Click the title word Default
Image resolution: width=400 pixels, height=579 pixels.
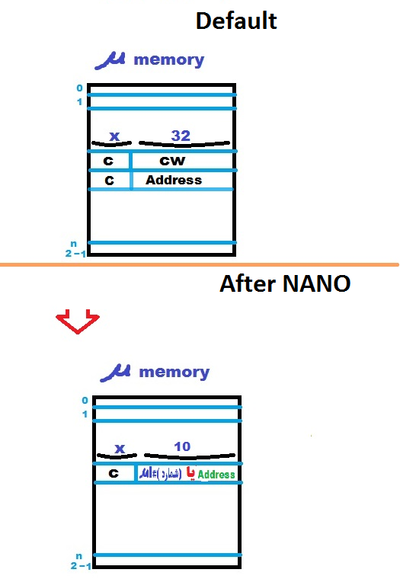(236, 21)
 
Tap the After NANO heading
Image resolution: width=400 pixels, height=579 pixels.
(285, 284)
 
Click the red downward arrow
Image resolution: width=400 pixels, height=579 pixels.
(78, 321)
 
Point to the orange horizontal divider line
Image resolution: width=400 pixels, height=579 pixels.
(200, 264)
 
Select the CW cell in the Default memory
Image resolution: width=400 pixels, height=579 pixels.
(172, 161)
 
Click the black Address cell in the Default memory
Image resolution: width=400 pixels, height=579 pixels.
(174, 180)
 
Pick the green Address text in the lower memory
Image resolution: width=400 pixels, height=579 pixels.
(216, 475)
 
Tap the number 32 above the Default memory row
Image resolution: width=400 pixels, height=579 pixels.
(181, 135)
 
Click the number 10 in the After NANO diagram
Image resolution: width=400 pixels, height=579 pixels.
(182, 446)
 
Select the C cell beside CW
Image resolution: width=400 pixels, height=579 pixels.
(109, 161)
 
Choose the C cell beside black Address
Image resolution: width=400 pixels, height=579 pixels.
(109, 181)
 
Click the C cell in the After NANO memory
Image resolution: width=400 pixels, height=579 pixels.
(114, 473)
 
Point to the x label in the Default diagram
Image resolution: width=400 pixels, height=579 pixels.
(114, 136)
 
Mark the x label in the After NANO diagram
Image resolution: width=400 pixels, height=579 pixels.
(120, 448)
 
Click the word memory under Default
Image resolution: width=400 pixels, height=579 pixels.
(168, 59)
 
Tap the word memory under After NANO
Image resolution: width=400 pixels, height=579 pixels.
(174, 372)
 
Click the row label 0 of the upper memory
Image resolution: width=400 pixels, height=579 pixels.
(78, 88)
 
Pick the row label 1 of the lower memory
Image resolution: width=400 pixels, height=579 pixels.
(85, 414)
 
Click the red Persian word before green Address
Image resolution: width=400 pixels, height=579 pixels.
(191, 474)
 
